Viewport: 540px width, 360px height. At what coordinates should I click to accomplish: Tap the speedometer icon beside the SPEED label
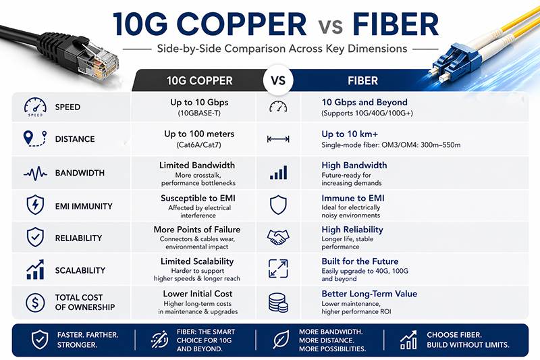coord(34,107)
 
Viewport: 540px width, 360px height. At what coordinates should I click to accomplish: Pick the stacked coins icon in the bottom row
coord(277,302)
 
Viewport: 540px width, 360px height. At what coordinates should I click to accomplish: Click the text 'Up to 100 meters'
coord(198,134)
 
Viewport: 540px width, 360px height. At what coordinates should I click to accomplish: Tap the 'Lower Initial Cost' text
coord(198,294)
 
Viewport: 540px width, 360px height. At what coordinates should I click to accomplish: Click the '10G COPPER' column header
coord(199,81)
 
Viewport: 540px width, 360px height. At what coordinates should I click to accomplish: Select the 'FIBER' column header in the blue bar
coord(362,81)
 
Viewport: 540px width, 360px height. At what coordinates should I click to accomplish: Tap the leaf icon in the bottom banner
coord(281,340)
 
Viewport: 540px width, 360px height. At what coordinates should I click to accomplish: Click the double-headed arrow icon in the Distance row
coord(277,139)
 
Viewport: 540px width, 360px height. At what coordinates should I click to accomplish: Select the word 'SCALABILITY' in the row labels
coord(80,270)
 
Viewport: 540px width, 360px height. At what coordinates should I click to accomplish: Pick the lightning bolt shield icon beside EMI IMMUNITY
coord(34,205)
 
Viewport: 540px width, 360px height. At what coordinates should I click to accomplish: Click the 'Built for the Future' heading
coord(360,261)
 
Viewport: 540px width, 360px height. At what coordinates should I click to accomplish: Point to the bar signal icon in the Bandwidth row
coord(277,173)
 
